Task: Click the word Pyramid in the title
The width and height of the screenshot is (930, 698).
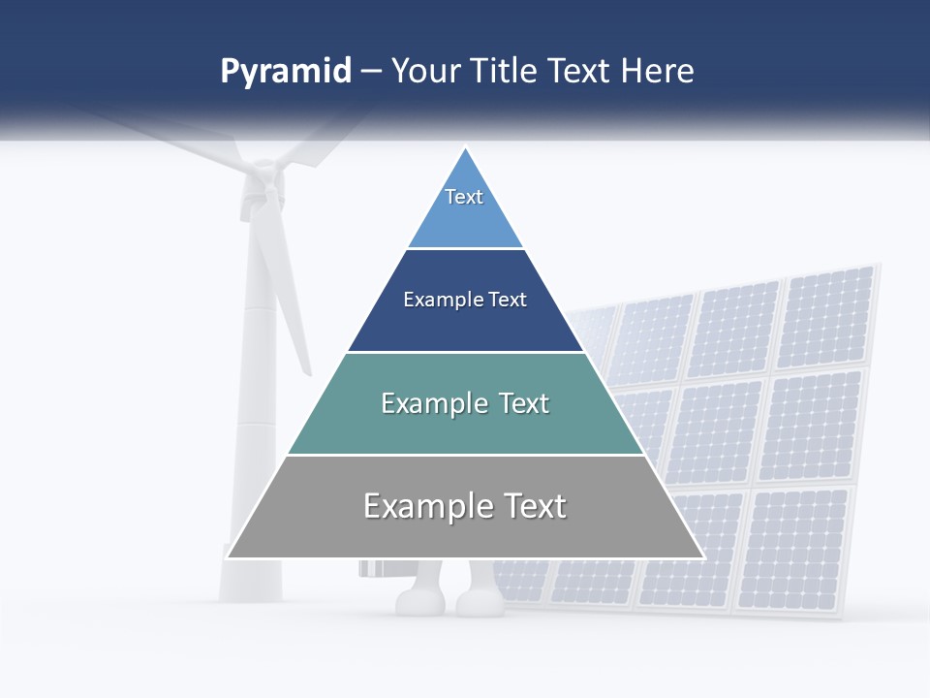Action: click(285, 72)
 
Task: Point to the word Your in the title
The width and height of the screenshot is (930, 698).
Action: click(423, 72)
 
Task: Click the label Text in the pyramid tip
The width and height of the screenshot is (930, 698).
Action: click(464, 197)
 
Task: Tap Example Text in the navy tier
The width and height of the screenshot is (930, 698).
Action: click(465, 300)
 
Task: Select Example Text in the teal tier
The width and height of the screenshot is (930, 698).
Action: click(465, 403)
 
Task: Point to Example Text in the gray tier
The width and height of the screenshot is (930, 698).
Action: click(465, 506)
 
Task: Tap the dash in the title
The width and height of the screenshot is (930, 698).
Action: click(371, 72)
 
